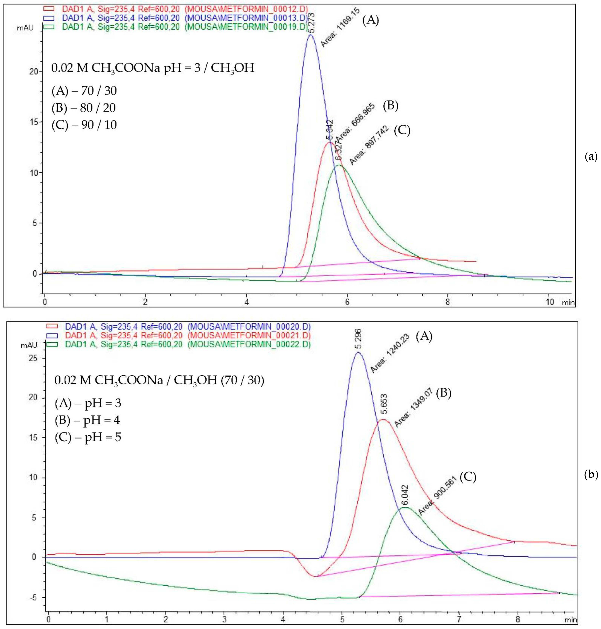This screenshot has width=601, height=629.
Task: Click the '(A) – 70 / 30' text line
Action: [84, 91]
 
